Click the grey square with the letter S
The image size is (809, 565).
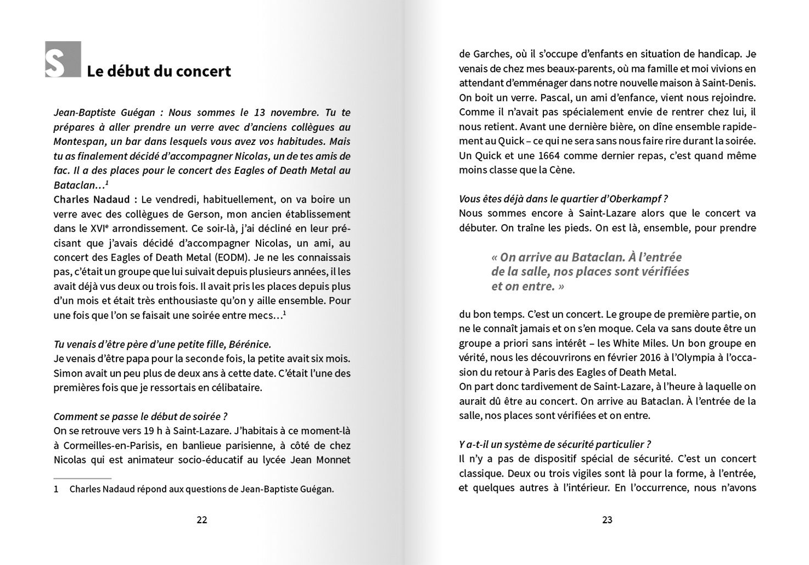(x=63, y=59)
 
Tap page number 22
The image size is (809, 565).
(x=202, y=520)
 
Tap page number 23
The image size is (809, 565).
(x=607, y=520)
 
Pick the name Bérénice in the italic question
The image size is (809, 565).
(x=249, y=344)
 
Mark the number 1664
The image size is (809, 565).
(x=549, y=155)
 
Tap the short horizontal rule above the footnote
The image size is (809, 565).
(x=82, y=479)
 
